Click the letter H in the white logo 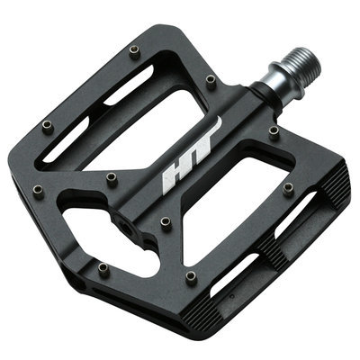pos(176,177)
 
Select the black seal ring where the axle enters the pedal pos(264,95)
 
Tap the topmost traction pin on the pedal pos(135,52)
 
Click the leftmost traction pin pos(39,192)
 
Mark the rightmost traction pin pos(288,189)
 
